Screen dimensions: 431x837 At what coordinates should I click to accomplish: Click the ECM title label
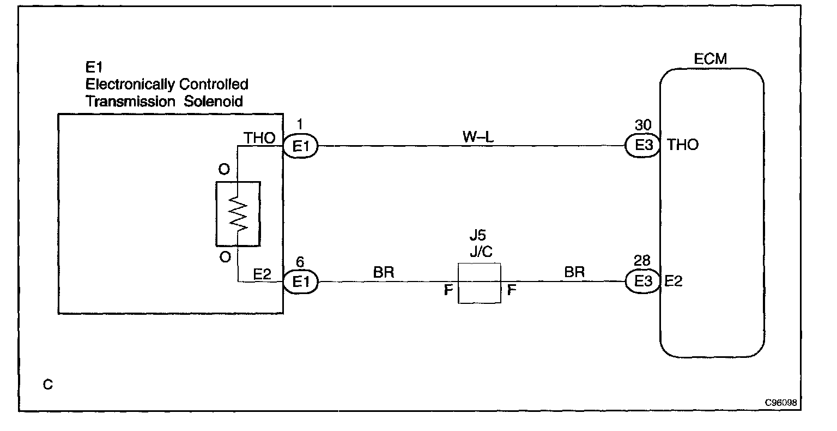pyautogui.click(x=711, y=59)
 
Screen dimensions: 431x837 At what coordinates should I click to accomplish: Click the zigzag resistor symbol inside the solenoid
pyautogui.click(x=239, y=213)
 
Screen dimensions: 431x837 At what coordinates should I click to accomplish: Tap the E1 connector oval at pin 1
pyautogui.click(x=300, y=146)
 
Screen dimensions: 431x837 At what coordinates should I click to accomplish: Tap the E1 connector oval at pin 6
pyautogui.click(x=300, y=282)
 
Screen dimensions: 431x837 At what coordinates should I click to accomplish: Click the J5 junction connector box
pyautogui.click(x=479, y=283)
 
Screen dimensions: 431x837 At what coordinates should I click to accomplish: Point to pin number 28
pyautogui.click(x=643, y=261)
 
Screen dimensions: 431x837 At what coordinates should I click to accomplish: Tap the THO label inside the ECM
pyautogui.click(x=682, y=145)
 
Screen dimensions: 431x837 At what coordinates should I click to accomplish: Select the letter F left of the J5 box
pyautogui.click(x=448, y=290)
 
